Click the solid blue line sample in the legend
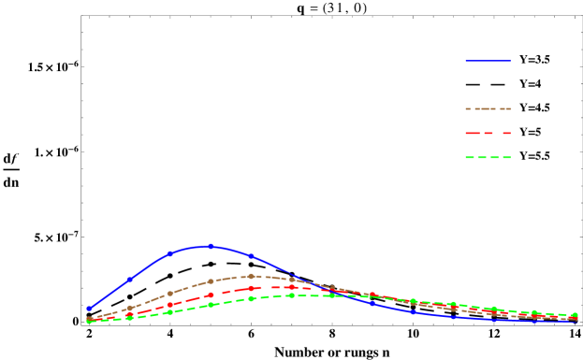(x=488, y=61)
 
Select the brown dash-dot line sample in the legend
(x=488, y=109)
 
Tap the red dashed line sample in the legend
(x=488, y=134)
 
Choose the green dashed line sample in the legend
(x=488, y=158)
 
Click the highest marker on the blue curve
(x=211, y=246)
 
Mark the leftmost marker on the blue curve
(x=89, y=308)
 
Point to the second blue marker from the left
(x=129, y=279)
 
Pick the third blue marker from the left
(x=169, y=253)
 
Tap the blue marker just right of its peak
(x=251, y=255)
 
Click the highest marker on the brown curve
(x=251, y=276)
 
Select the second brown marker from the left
(x=129, y=308)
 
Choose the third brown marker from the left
(x=169, y=293)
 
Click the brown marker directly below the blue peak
(x=211, y=281)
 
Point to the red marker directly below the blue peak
(x=211, y=295)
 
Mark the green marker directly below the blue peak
(x=211, y=305)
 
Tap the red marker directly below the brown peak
(x=251, y=288)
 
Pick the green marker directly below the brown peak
(x=251, y=298)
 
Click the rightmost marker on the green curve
(x=575, y=315)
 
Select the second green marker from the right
(x=534, y=312)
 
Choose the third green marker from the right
(x=494, y=309)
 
